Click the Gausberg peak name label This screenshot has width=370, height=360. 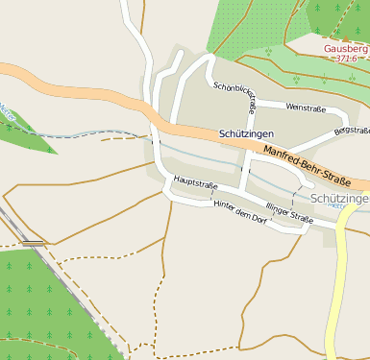(345, 48)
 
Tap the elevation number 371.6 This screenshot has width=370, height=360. (346, 59)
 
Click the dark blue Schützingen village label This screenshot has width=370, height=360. (246, 133)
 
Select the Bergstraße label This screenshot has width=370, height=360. (351, 130)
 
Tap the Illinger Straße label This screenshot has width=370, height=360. (289, 214)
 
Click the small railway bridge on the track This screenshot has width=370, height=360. (34, 244)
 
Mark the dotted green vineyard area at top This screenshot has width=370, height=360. (250, 29)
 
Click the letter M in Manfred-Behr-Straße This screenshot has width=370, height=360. (267, 146)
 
